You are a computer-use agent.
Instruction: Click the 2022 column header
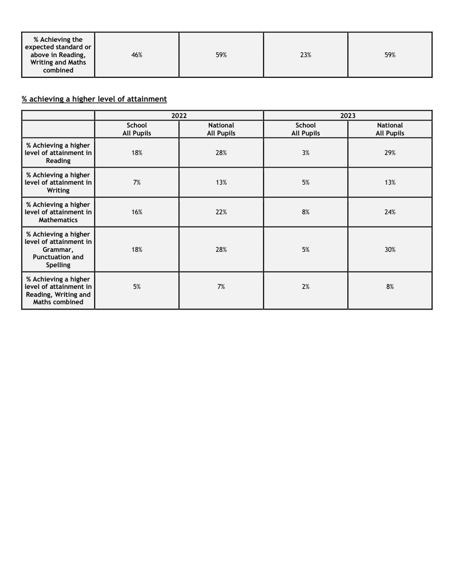tap(179, 115)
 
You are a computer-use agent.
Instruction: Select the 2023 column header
tap(348, 115)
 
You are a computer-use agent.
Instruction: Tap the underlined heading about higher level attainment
tap(94, 99)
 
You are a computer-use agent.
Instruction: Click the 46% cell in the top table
tap(137, 55)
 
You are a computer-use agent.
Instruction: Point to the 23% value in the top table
tap(305, 55)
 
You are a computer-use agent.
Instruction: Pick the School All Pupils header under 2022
tap(137, 129)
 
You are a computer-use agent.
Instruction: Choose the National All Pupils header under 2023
tap(390, 129)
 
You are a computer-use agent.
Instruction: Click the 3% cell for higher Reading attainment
tap(305, 153)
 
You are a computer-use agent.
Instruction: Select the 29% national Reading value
tap(390, 153)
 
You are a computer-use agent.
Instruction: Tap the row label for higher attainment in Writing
tap(58, 183)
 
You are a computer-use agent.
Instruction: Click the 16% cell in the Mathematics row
tap(137, 212)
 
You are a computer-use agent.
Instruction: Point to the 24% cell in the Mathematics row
tap(390, 212)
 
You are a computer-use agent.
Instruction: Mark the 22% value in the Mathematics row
tap(221, 212)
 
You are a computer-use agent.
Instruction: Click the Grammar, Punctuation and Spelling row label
tap(58, 249)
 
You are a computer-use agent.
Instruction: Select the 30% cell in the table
tap(390, 249)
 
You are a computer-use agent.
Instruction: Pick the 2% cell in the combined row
tap(305, 287)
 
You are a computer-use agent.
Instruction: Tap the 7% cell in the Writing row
tap(137, 183)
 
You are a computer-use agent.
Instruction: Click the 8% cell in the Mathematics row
tap(305, 212)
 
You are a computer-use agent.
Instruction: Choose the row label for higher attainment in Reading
tap(58, 153)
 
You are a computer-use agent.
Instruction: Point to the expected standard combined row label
tap(58, 55)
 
